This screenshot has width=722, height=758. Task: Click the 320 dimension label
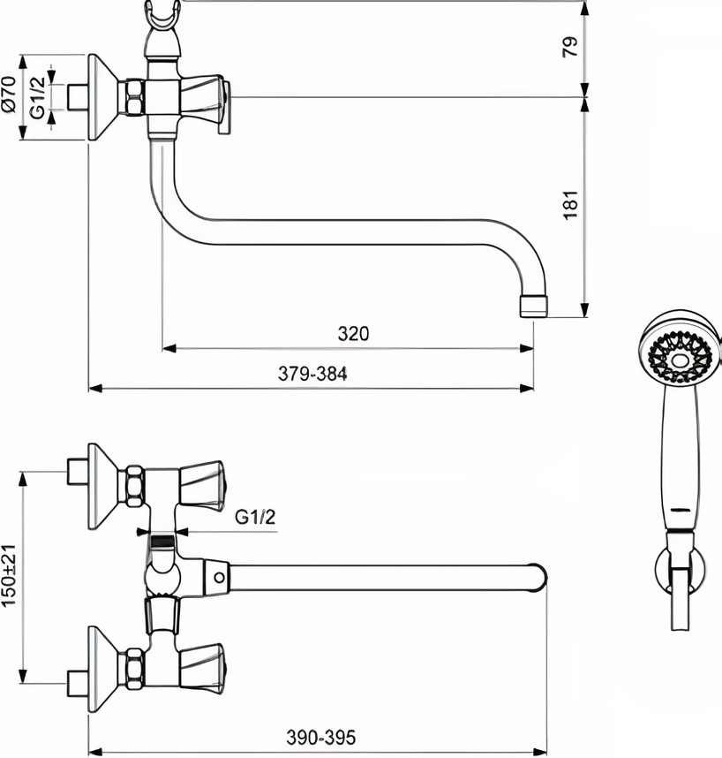coord(352,334)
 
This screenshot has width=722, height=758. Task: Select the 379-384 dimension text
coord(312,375)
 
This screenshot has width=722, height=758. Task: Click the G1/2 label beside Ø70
coord(37,97)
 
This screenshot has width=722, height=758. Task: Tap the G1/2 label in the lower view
coord(256,518)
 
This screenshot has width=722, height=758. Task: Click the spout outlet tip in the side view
coord(533,306)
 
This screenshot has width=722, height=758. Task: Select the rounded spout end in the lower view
coord(538,577)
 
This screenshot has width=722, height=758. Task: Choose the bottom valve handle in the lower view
coord(205,661)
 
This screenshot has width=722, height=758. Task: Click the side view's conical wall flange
coord(102,97)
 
